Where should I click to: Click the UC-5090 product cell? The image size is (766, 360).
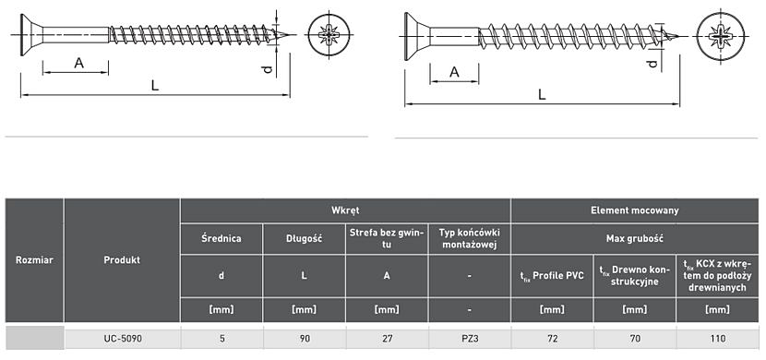tap(122, 338)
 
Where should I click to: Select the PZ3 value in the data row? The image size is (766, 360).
tap(470, 338)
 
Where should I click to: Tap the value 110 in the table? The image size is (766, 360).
tap(718, 338)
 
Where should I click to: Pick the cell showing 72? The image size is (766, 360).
tap(552, 338)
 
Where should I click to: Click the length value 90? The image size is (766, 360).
tap(305, 338)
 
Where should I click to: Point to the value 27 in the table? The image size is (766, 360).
tap(387, 338)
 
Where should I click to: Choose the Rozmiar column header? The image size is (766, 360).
tap(34, 260)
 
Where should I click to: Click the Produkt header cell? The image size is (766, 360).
tap(122, 260)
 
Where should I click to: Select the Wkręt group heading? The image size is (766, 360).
tap(345, 210)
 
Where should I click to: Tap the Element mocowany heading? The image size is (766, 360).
tap(635, 210)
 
